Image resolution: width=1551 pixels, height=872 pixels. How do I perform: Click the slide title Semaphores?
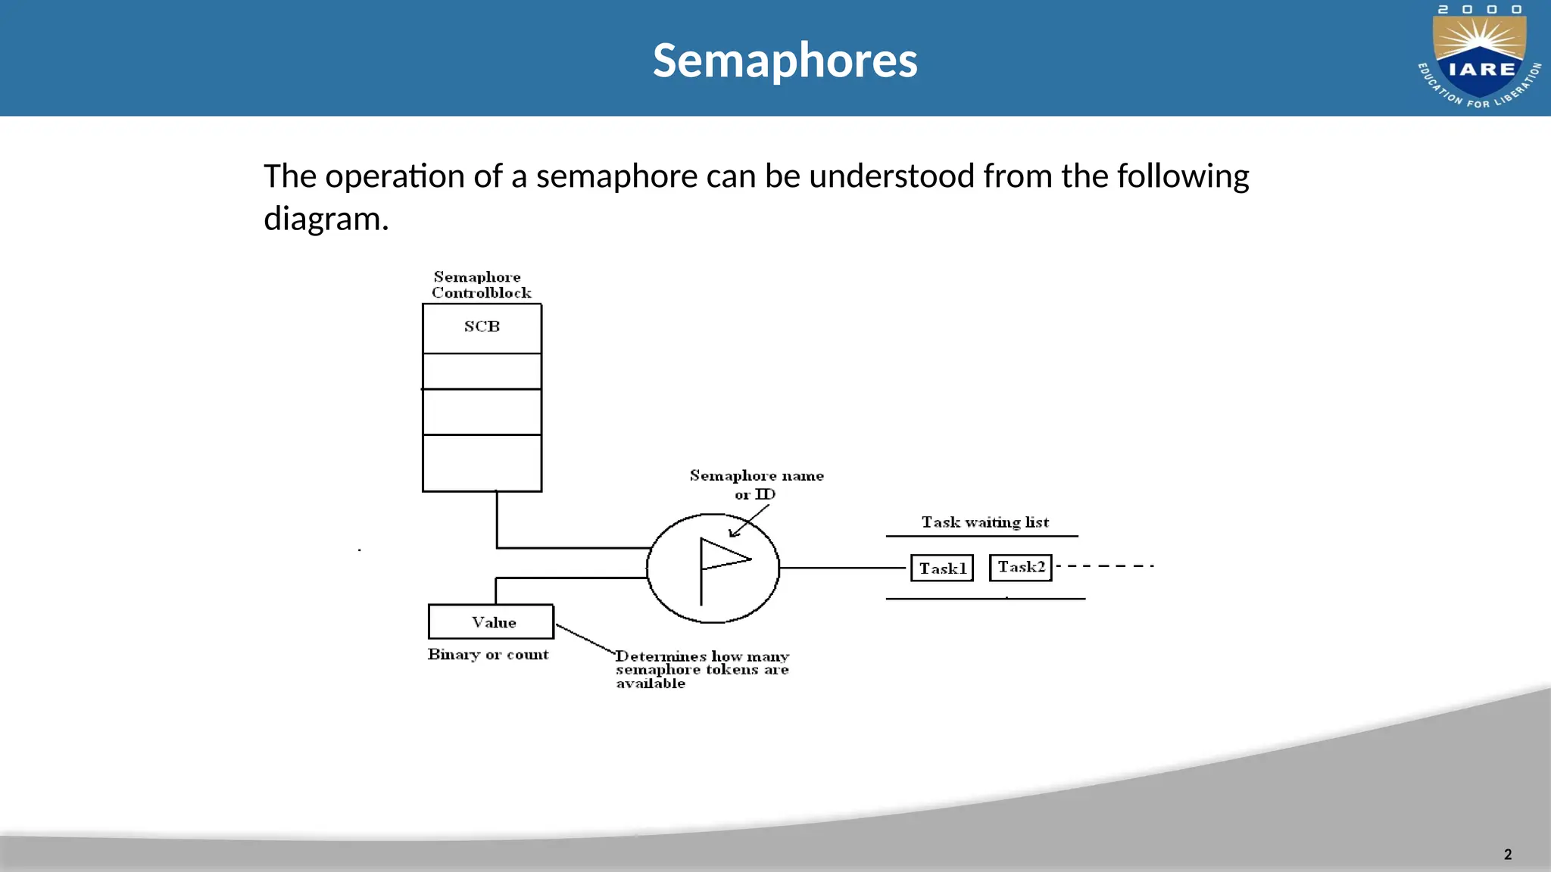coord(785,61)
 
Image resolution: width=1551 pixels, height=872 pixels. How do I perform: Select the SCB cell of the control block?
coord(482,327)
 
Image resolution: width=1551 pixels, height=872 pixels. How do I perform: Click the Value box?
coord(492,622)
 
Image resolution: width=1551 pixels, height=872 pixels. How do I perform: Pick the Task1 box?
coord(942,568)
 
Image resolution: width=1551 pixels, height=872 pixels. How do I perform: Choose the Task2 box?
coord(1021,567)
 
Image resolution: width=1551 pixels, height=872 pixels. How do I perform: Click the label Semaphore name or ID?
coord(756,484)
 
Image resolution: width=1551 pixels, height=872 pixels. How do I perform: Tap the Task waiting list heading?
coord(985,522)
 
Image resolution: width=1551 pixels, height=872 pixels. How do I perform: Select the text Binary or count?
coord(488,655)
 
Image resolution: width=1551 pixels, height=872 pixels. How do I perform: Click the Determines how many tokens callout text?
coord(702,669)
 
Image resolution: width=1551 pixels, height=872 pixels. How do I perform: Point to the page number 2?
coord(1508,855)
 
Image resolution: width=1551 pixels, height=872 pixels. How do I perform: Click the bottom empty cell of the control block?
coord(482,462)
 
